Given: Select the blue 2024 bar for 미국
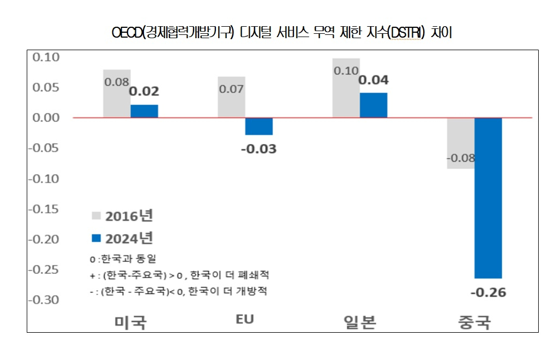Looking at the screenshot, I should [144, 111].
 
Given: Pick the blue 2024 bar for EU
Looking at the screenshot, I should [258, 127].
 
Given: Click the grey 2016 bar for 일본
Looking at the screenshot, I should [346, 98].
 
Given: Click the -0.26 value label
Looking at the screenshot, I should [488, 292].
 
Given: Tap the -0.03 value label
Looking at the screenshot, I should [258, 148].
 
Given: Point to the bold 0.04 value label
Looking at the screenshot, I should [374, 80].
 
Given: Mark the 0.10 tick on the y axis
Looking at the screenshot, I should [46, 57].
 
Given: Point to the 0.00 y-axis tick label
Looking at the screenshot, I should [46, 118].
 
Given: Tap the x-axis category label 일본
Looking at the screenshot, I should [359, 322].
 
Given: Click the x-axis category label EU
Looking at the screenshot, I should [245, 320].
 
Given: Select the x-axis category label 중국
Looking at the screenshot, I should [474, 322].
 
